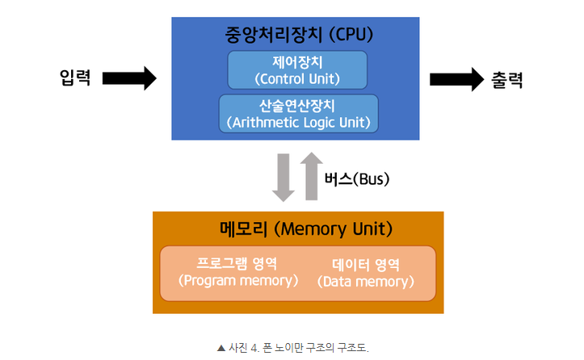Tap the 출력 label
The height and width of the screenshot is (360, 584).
508,79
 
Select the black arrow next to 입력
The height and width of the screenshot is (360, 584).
129,78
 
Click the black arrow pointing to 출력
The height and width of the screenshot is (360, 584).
456,79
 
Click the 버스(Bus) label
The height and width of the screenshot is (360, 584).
357,179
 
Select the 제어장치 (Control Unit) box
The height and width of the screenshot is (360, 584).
297,70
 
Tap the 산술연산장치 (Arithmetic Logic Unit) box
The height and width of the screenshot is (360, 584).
298,114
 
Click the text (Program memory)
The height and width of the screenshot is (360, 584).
237,281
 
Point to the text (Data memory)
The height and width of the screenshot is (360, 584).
366,282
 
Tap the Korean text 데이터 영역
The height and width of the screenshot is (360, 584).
366,264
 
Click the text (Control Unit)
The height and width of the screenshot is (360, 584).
297,79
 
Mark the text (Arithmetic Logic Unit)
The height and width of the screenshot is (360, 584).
298,123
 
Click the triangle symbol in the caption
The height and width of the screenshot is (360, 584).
221,348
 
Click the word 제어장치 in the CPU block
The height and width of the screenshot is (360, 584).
297,61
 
